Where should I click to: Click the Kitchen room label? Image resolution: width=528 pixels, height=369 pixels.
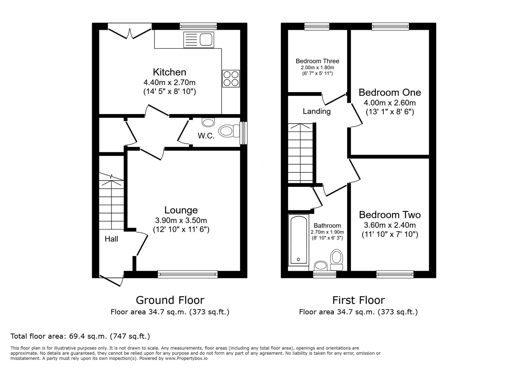pos(169,72)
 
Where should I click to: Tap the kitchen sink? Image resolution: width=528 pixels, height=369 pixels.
pos(199,40)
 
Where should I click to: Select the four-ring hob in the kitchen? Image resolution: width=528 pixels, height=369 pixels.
pos(231,79)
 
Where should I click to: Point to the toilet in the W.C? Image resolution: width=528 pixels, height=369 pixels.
pos(229,131)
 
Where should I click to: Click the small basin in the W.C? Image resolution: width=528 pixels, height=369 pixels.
pos(208,122)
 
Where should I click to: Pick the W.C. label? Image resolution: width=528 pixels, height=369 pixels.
pos(206,136)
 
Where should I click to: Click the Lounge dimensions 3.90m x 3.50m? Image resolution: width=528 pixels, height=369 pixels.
pos(181,220)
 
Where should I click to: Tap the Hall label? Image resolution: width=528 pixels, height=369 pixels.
pos(111,239)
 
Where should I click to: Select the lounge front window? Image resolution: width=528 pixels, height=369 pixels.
pos(188,274)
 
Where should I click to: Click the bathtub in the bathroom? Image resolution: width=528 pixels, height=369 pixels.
pos(299,240)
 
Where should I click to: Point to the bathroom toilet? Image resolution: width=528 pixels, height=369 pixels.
pos(337,260)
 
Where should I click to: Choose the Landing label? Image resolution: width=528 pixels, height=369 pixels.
pos(317,111)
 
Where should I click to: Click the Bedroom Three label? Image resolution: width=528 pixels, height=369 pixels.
pos(317,61)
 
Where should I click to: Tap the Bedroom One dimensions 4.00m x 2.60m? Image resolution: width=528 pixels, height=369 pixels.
pos(390,103)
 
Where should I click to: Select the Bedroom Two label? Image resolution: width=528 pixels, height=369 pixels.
pos(390,214)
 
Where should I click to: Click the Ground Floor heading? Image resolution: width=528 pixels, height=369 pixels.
pos(170,300)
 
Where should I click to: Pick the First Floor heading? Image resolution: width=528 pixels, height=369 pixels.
pos(358,300)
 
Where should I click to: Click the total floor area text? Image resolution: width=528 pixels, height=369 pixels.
pos(80,336)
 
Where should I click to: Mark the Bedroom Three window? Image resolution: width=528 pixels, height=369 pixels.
pos(317,26)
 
